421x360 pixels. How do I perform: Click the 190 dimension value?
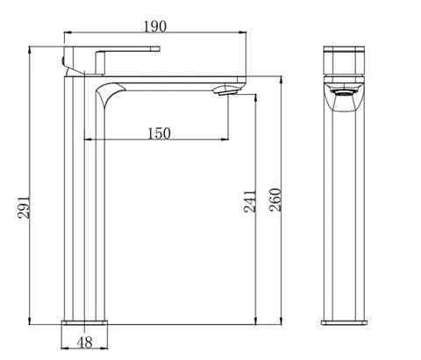tap(155, 26)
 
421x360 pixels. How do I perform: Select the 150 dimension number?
tap(159, 133)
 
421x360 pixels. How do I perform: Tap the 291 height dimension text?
tap(24, 207)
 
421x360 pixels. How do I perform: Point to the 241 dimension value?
tap(250, 201)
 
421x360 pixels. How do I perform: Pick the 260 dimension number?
tap(275, 200)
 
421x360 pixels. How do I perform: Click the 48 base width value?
tap(85, 342)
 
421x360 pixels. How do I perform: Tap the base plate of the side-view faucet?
tap(84, 322)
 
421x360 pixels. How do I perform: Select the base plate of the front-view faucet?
tap(344, 322)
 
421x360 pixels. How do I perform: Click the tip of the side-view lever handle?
tap(160, 48)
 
